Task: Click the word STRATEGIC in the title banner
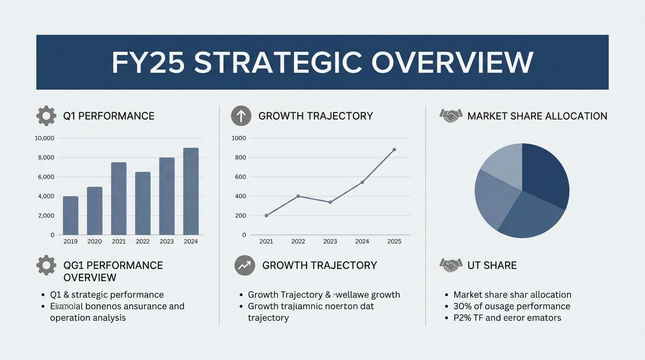click(278, 62)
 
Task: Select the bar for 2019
click(71, 216)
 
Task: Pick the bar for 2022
click(143, 203)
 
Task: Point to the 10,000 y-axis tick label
click(45, 138)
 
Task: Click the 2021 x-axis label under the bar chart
click(119, 241)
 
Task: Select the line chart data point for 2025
click(394, 150)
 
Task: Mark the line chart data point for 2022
click(298, 196)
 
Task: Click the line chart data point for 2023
click(330, 202)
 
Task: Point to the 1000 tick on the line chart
click(239, 138)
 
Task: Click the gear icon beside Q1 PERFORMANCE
click(46, 116)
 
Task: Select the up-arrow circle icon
click(241, 116)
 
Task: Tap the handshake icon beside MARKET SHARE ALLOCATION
click(451, 116)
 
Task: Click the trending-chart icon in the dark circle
click(245, 265)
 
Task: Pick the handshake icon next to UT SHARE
click(451, 265)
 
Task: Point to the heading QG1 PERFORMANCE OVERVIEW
click(113, 271)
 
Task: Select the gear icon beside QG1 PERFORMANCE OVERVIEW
click(46, 265)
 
